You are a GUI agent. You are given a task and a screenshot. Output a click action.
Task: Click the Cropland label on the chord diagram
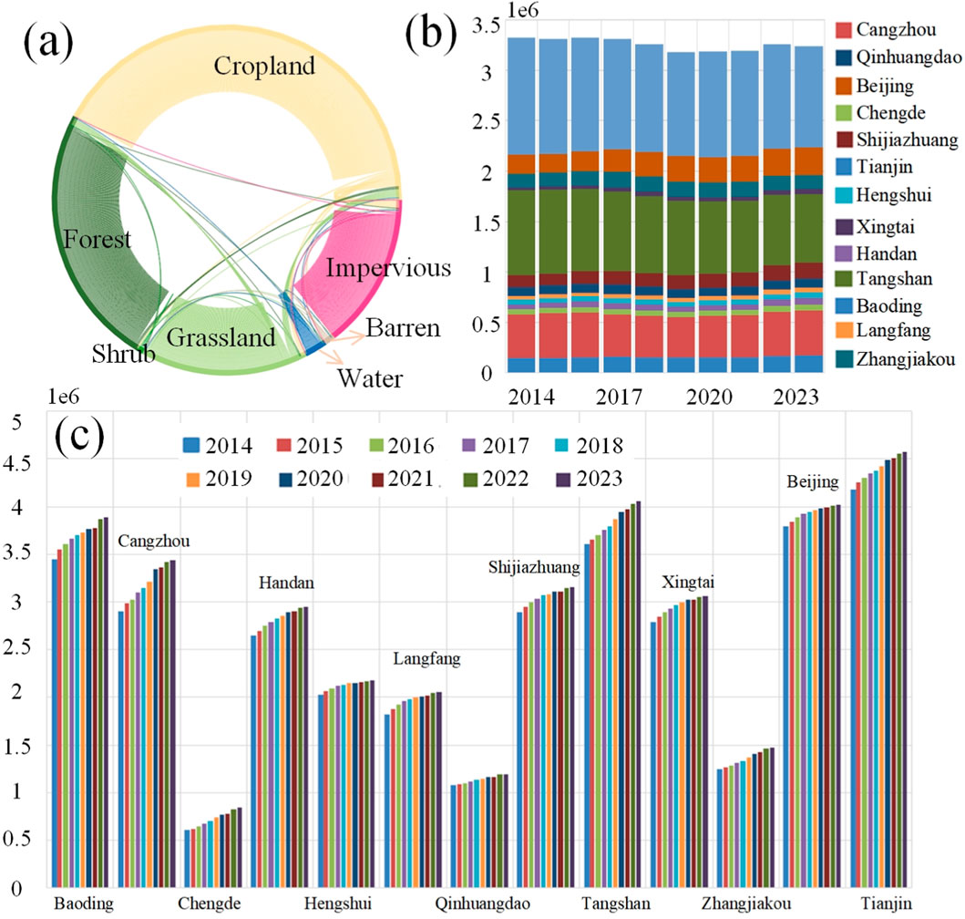coord(264,66)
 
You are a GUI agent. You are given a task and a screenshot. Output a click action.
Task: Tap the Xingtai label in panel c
coord(689,581)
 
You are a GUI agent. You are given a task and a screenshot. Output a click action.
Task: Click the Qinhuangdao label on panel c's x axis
coord(477,904)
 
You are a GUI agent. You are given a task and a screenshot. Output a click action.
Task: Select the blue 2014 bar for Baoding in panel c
coord(56,723)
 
